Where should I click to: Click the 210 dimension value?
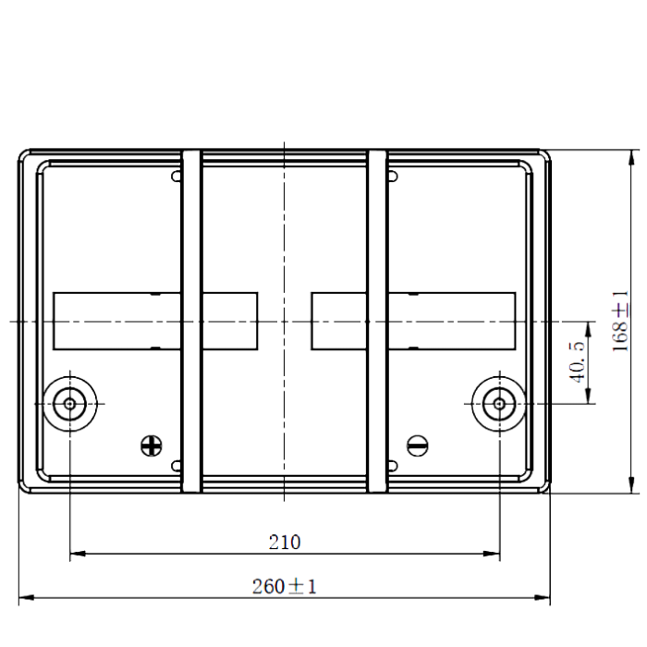(x=285, y=543)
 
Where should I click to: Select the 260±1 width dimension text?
(x=285, y=586)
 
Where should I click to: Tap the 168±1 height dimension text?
(x=620, y=321)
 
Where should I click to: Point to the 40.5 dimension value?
(x=578, y=362)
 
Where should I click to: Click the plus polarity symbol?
(x=152, y=446)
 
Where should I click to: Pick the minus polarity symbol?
(x=417, y=446)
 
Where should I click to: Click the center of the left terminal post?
(x=69, y=404)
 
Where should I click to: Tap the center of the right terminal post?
(x=499, y=404)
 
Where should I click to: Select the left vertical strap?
(x=192, y=321)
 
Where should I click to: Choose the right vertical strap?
(x=377, y=321)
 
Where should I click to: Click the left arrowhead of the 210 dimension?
(x=78, y=554)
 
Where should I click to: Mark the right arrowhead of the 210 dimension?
(x=492, y=554)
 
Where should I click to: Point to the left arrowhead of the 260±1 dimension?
(x=27, y=597)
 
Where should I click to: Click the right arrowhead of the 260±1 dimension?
(x=543, y=597)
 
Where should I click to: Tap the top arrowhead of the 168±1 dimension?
(x=631, y=158)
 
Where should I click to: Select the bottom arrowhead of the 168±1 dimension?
(x=631, y=485)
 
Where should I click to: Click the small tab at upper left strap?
(x=177, y=177)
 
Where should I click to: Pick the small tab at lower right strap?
(x=393, y=466)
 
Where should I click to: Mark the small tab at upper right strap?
(x=393, y=177)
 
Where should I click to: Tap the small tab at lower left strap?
(x=177, y=466)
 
